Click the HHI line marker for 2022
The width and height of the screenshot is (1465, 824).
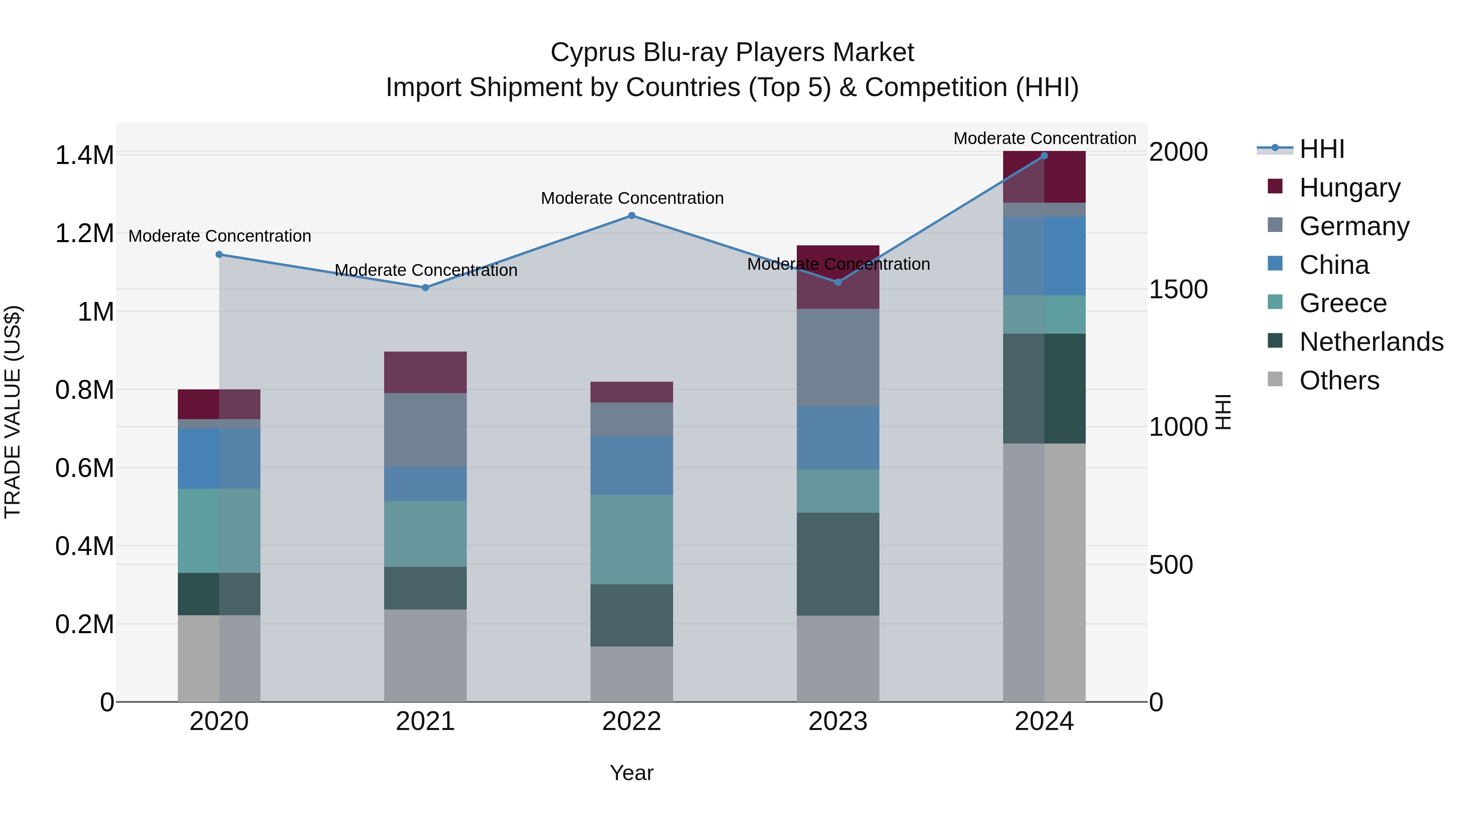631,216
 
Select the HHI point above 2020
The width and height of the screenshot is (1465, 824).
219,254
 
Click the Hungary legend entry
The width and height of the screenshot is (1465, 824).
1349,187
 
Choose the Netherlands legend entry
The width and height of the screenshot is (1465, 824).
1371,342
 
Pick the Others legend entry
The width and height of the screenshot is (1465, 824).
1339,380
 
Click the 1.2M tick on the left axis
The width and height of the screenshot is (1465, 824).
84,234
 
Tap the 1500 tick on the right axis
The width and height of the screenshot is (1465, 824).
1178,289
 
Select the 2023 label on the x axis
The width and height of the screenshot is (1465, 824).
838,721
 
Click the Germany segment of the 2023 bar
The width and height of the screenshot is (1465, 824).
838,357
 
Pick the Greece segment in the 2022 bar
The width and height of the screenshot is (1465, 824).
631,539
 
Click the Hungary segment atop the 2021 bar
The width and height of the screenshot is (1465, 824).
425,372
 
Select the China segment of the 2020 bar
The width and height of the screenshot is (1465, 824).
219,458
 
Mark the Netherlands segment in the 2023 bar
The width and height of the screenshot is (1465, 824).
838,564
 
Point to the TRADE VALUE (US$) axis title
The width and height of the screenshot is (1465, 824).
13,412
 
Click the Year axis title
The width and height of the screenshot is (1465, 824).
631,773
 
